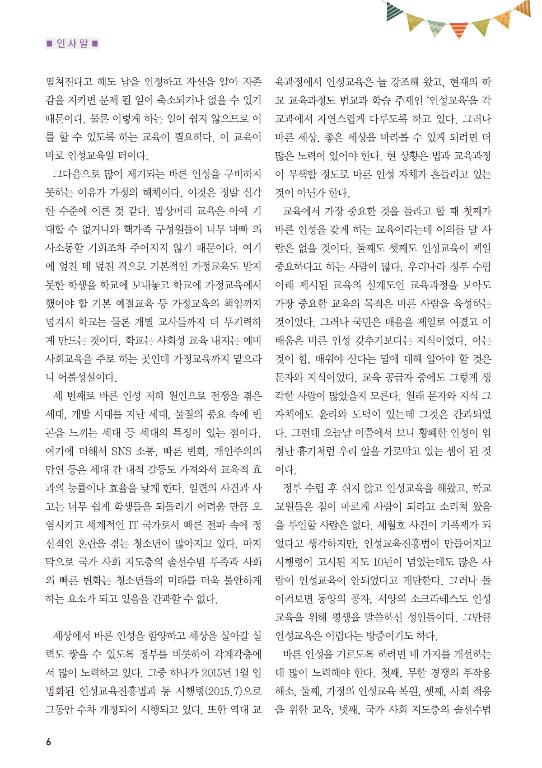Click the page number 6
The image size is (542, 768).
[x=49, y=742]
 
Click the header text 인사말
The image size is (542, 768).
[x=72, y=44]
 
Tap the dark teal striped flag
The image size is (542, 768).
[x=393, y=11]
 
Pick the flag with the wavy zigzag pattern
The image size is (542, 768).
[x=436, y=28]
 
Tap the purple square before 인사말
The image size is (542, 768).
[x=49, y=44]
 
